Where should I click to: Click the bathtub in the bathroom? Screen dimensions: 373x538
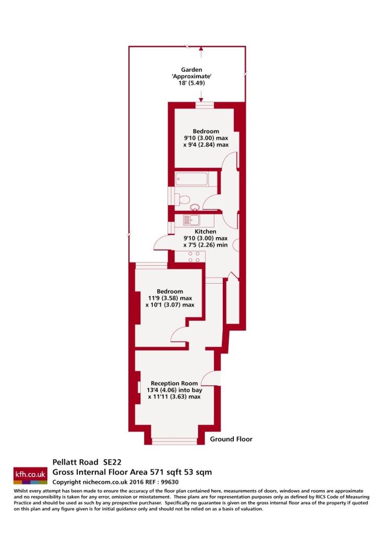click(x=191, y=179)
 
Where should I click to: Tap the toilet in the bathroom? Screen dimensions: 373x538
click(x=183, y=199)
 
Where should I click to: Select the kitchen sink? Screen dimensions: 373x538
click(x=191, y=220)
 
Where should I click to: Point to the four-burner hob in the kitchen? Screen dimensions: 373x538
click(x=194, y=257)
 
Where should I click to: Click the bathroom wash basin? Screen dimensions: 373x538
click(x=195, y=207)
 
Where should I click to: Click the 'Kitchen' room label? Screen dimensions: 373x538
click(x=205, y=232)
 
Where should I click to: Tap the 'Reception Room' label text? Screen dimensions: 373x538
click(x=174, y=383)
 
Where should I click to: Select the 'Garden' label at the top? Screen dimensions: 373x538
click(x=191, y=70)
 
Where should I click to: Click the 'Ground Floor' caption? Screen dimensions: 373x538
click(x=231, y=439)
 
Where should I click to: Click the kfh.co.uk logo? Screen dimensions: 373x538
click(x=30, y=475)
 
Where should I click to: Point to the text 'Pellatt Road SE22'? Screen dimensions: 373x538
click(x=87, y=462)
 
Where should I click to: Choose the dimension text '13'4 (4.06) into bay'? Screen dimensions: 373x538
click(x=174, y=390)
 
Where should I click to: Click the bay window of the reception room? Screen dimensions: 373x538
click(x=174, y=441)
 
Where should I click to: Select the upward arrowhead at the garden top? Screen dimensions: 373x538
click(x=201, y=50)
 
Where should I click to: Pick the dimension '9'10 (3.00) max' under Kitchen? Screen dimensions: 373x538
click(x=205, y=238)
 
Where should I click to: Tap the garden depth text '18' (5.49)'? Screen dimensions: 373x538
click(x=191, y=83)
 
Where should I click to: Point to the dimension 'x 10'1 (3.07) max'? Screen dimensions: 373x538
click(x=170, y=305)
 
